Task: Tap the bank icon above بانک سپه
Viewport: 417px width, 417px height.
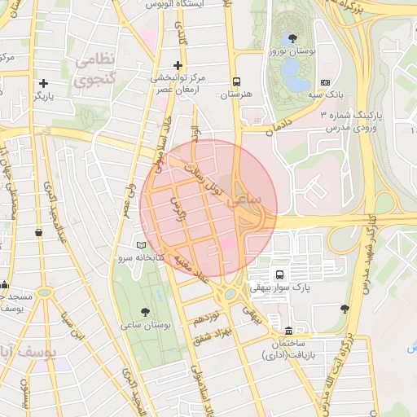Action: click(x=326, y=82)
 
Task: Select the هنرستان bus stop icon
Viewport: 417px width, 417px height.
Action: click(x=237, y=82)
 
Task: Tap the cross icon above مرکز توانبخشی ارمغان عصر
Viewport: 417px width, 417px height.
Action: click(x=178, y=65)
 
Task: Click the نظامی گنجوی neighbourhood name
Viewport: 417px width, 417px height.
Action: click(x=97, y=71)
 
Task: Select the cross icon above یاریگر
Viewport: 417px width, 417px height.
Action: click(x=43, y=83)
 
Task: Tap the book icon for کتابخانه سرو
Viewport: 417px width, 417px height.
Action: click(x=142, y=245)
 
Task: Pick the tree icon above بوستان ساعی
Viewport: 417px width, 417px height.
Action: click(x=145, y=311)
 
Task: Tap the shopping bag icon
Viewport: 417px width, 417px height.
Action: click(x=38, y=233)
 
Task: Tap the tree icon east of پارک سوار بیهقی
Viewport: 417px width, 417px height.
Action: click(x=345, y=309)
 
